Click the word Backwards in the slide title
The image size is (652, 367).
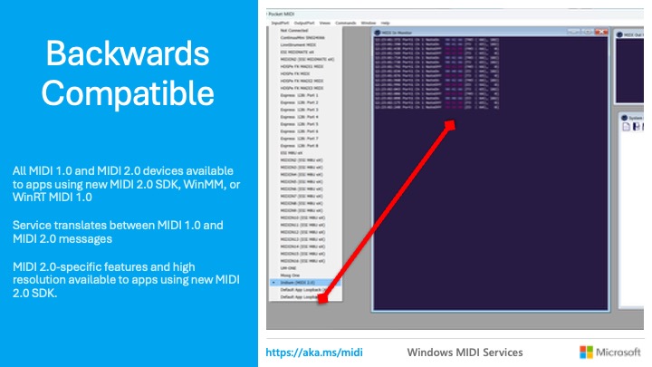pyautogui.click(x=125, y=53)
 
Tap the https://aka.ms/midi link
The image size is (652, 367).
pyautogui.click(x=307, y=351)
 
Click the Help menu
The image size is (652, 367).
pyautogui.click(x=385, y=22)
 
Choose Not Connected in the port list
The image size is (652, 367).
pyautogui.click(x=292, y=30)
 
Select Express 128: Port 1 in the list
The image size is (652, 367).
pyautogui.click(x=300, y=95)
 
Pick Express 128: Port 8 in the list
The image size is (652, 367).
pyautogui.click(x=300, y=146)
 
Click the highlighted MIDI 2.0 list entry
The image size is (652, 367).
pyautogui.click(x=298, y=283)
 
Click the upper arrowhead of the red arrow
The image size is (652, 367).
pyautogui.click(x=450, y=126)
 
